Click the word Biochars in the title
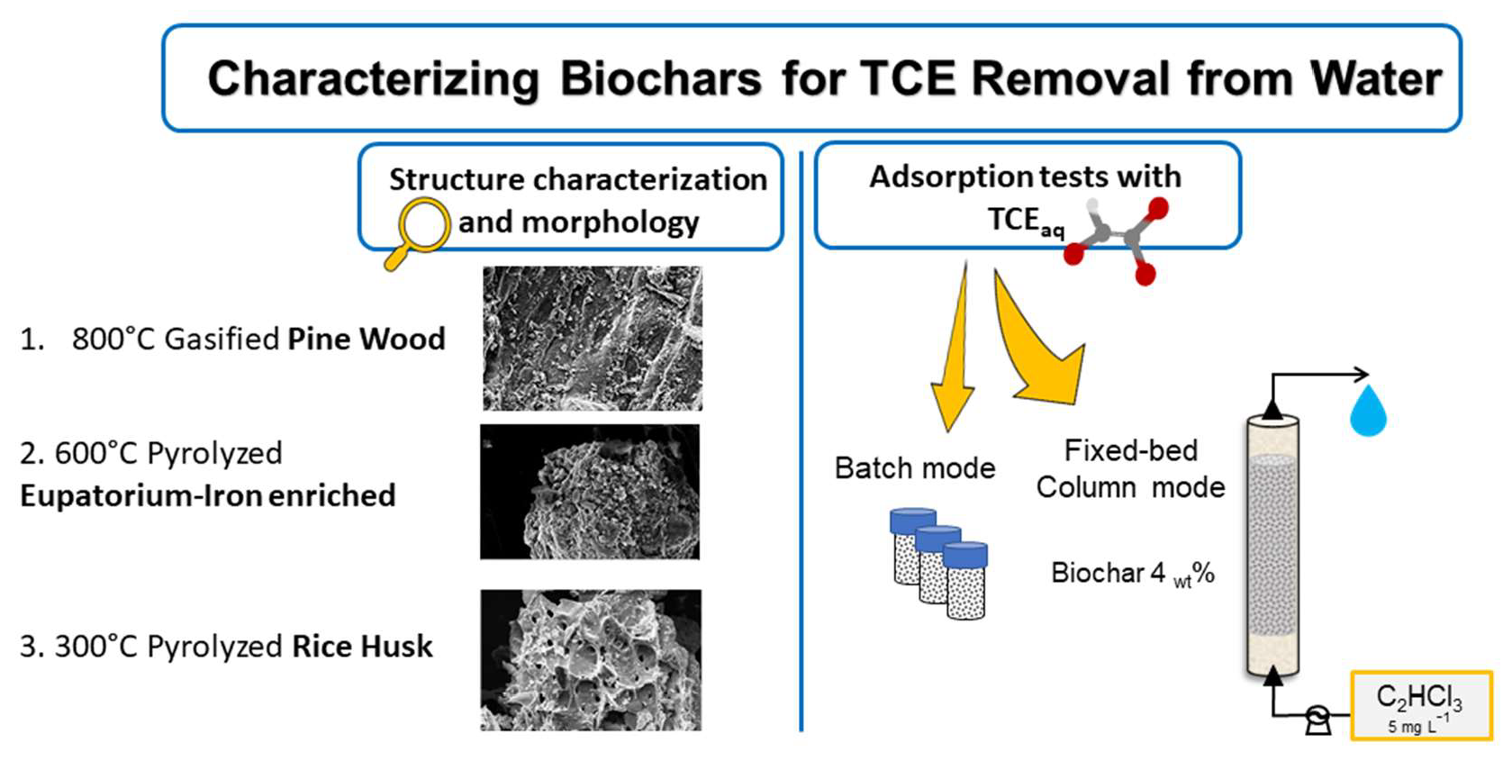tap(660, 78)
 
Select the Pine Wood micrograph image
tap(592, 339)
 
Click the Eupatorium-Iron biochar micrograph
tap(590, 492)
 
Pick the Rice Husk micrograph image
tap(591, 659)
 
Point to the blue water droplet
tap(1367, 412)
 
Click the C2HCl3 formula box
tap(1420, 704)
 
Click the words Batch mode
tap(914, 468)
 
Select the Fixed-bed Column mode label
tap(1130, 468)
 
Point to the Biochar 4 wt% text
tap(1132, 573)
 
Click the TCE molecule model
tap(1117, 239)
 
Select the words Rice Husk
tap(362, 647)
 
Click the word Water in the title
tap(1376, 78)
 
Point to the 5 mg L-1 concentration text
tap(1418, 725)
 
